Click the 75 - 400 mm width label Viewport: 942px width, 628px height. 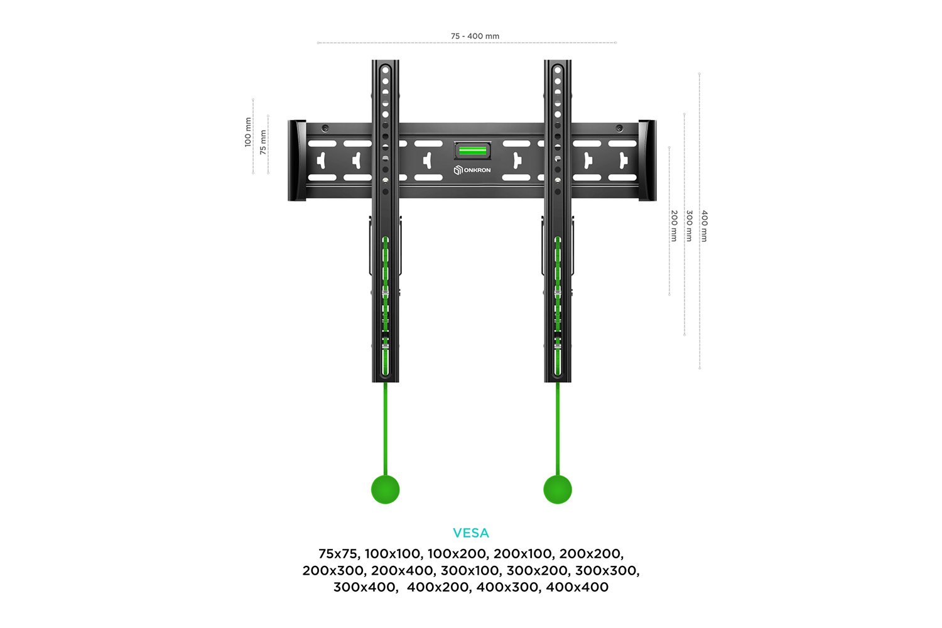click(475, 36)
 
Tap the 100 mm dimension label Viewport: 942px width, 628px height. click(248, 132)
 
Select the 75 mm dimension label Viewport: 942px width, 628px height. click(263, 142)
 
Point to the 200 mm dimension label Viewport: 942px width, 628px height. click(674, 226)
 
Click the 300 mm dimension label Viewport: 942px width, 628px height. click(689, 226)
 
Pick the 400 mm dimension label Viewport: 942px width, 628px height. click(705, 226)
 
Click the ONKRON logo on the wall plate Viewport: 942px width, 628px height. click(472, 170)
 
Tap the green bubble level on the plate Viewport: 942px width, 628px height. click(472, 151)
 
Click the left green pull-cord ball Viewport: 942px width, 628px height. click(385, 489)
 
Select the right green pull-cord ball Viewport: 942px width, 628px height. click(558, 489)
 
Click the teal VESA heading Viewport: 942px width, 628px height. click(471, 533)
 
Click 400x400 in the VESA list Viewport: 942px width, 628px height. click(577, 587)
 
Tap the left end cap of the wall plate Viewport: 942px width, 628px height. click(297, 160)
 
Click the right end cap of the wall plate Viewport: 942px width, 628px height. click(647, 160)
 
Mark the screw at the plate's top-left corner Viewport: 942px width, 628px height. click(325, 128)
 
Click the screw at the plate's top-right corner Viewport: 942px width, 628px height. click(619, 128)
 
